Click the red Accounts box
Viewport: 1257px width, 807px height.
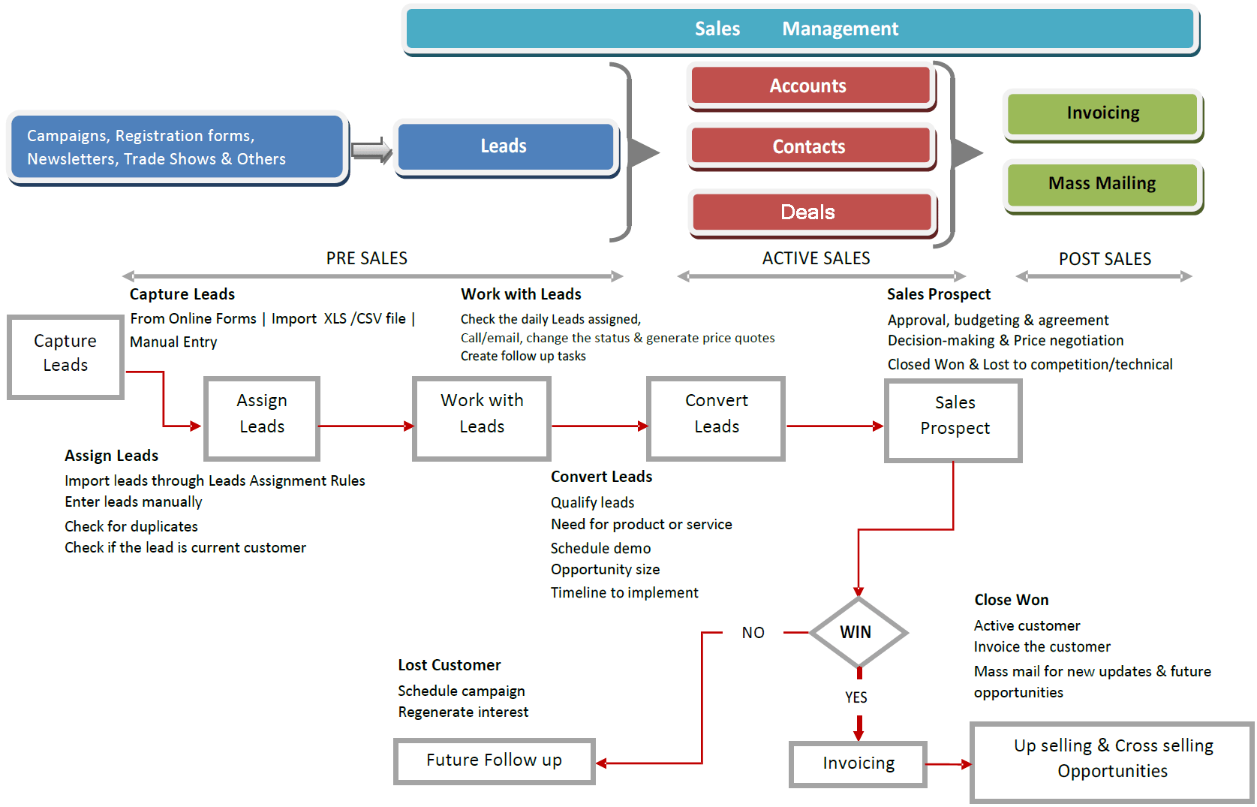[x=809, y=86]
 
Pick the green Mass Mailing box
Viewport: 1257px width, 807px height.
[x=1102, y=184]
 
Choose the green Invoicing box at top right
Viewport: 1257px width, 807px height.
[x=1102, y=113]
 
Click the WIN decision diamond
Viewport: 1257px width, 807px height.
[x=857, y=632]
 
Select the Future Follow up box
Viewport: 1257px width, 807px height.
[x=494, y=760]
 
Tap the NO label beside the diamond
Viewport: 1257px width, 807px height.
[x=753, y=633]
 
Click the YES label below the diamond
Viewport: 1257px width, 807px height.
[x=856, y=697]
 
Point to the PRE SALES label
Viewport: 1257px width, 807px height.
[x=367, y=258]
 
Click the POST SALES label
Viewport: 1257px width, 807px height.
[x=1105, y=259]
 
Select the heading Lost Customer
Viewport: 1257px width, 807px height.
[x=450, y=665]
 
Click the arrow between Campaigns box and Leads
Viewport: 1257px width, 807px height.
[x=371, y=150]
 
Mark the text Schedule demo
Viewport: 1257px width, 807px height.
[x=600, y=548]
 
